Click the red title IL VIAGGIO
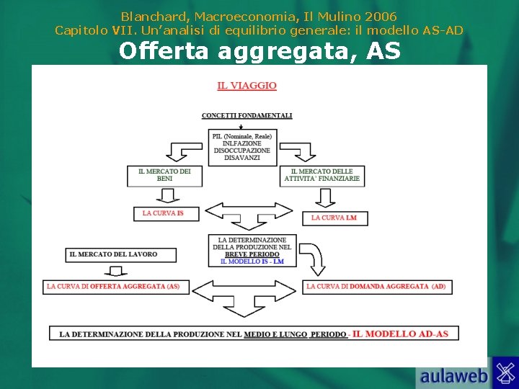(x=247, y=86)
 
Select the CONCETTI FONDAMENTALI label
(x=247, y=115)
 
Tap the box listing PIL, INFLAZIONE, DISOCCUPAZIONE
(x=242, y=148)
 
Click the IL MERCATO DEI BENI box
(x=164, y=175)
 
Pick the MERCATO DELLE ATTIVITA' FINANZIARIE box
(x=322, y=175)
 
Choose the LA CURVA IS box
(x=166, y=213)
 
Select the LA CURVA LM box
(x=334, y=218)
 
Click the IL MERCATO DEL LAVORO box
(x=112, y=254)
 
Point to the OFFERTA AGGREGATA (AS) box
(x=113, y=287)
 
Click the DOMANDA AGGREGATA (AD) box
(x=376, y=287)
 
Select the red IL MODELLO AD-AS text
(x=400, y=334)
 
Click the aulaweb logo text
(x=454, y=375)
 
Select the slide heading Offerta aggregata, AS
(x=259, y=51)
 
